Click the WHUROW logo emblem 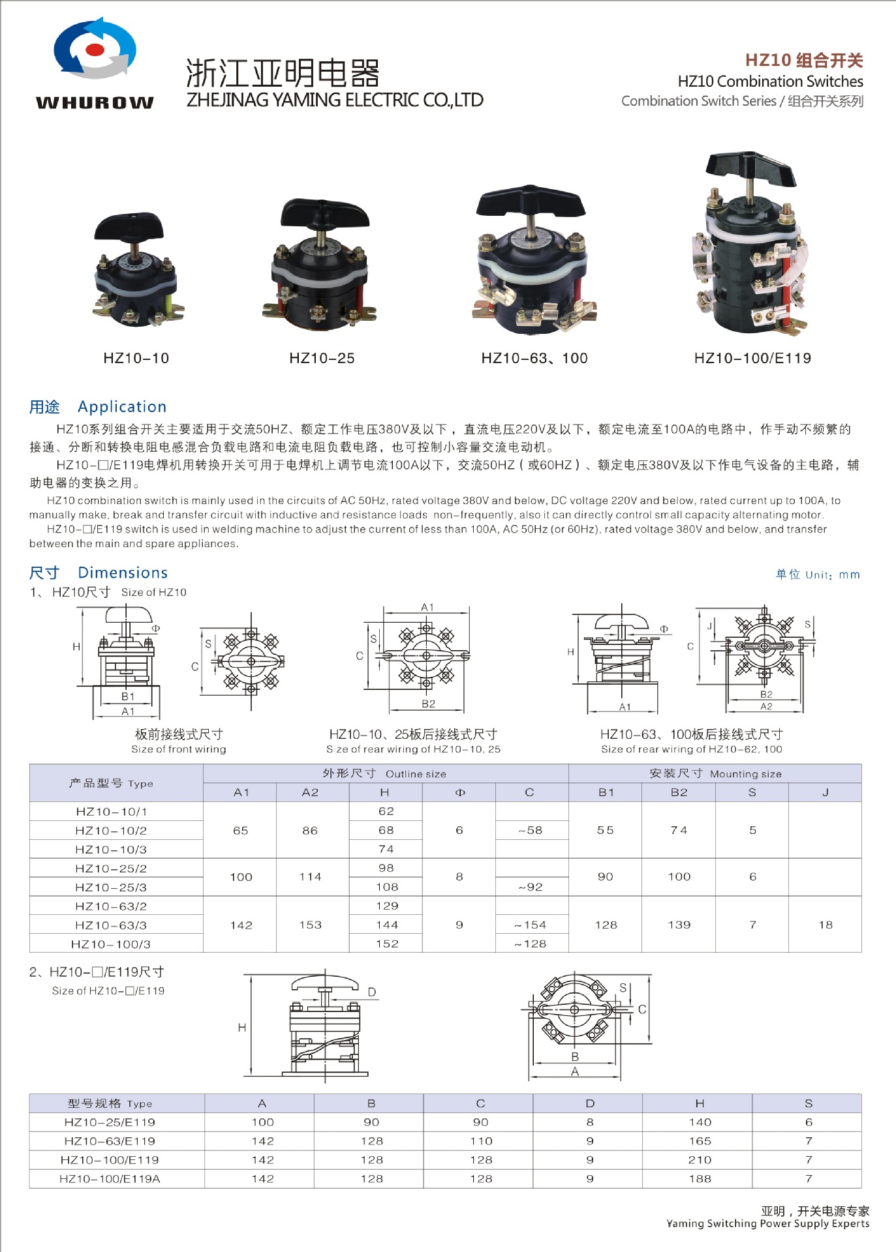coord(95,49)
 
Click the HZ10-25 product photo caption coord(322,358)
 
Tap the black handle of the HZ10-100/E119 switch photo coord(752,168)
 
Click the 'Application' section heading coord(122,407)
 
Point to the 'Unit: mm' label coord(818,574)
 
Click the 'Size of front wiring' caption coord(179,749)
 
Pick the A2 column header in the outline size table coord(310,792)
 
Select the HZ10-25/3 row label coord(111,887)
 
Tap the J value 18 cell coord(826,925)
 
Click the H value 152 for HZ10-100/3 coord(387,944)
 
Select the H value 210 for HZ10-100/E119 coord(700,1160)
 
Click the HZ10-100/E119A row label coord(110,1179)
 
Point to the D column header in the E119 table coord(590,1103)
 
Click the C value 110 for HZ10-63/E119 coord(481,1141)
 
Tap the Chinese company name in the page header coord(283,72)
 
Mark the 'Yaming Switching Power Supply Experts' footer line coord(767,1224)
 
